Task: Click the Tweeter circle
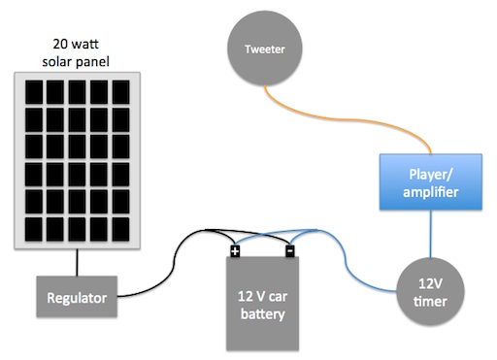265,49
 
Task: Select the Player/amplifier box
431,182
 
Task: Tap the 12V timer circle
430,292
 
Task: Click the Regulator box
77,297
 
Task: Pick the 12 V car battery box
262,304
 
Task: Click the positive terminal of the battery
235,251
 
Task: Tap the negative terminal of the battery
290,251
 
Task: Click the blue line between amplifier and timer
430,234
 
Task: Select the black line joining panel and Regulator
77,262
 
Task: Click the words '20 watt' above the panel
76,44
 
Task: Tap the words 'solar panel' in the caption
76,61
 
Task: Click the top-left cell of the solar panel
34,92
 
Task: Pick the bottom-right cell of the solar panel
120,229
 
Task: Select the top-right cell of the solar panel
120,92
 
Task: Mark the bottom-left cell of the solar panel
34,229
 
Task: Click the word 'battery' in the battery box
263,314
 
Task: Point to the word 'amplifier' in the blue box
431,192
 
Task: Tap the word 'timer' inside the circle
430,302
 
